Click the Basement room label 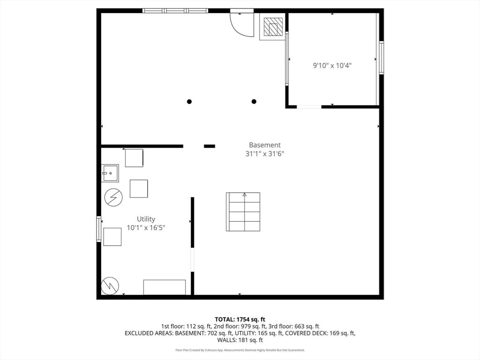pyautogui.click(x=264, y=145)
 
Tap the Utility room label pyautogui.click(x=146, y=219)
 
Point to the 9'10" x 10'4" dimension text pyautogui.click(x=332, y=65)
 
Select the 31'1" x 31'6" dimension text pyautogui.click(x=264, y=153)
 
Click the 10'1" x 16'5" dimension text pyautogui.click(x=146, y=227)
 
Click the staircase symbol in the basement pyautogui.click(x=243, y=211)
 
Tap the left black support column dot pyautogui.click(x=189, y=101)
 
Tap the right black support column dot pyautogui.click(x=254, y=101)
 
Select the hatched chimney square pyautogui.click(x=273, y=26)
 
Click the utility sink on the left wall pyautogui.click(x=110, y=173)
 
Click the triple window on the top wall pyautogui.click(x=175, y=11)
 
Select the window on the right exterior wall pyautogui.click(x=382, y=58)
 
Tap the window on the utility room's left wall pyautogui.click(x=98, y=229)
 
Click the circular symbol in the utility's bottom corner pyautogui.click(x=110, y=286)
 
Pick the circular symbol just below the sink pyautogui.click(x=113, y=197)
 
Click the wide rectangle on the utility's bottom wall pyautogui.click(x=165, y=287)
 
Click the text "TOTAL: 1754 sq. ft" pyautogui.click(x=240, y=320)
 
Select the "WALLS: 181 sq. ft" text pyautogui.click(x=240, y=340)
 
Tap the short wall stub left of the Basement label pyautogui.click(x=210, y=146)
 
